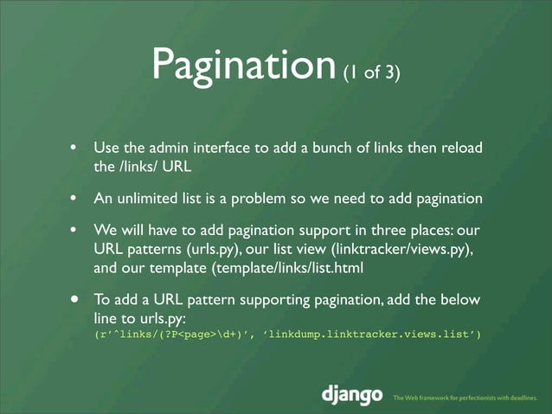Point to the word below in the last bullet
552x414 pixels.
tap(464, 301)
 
